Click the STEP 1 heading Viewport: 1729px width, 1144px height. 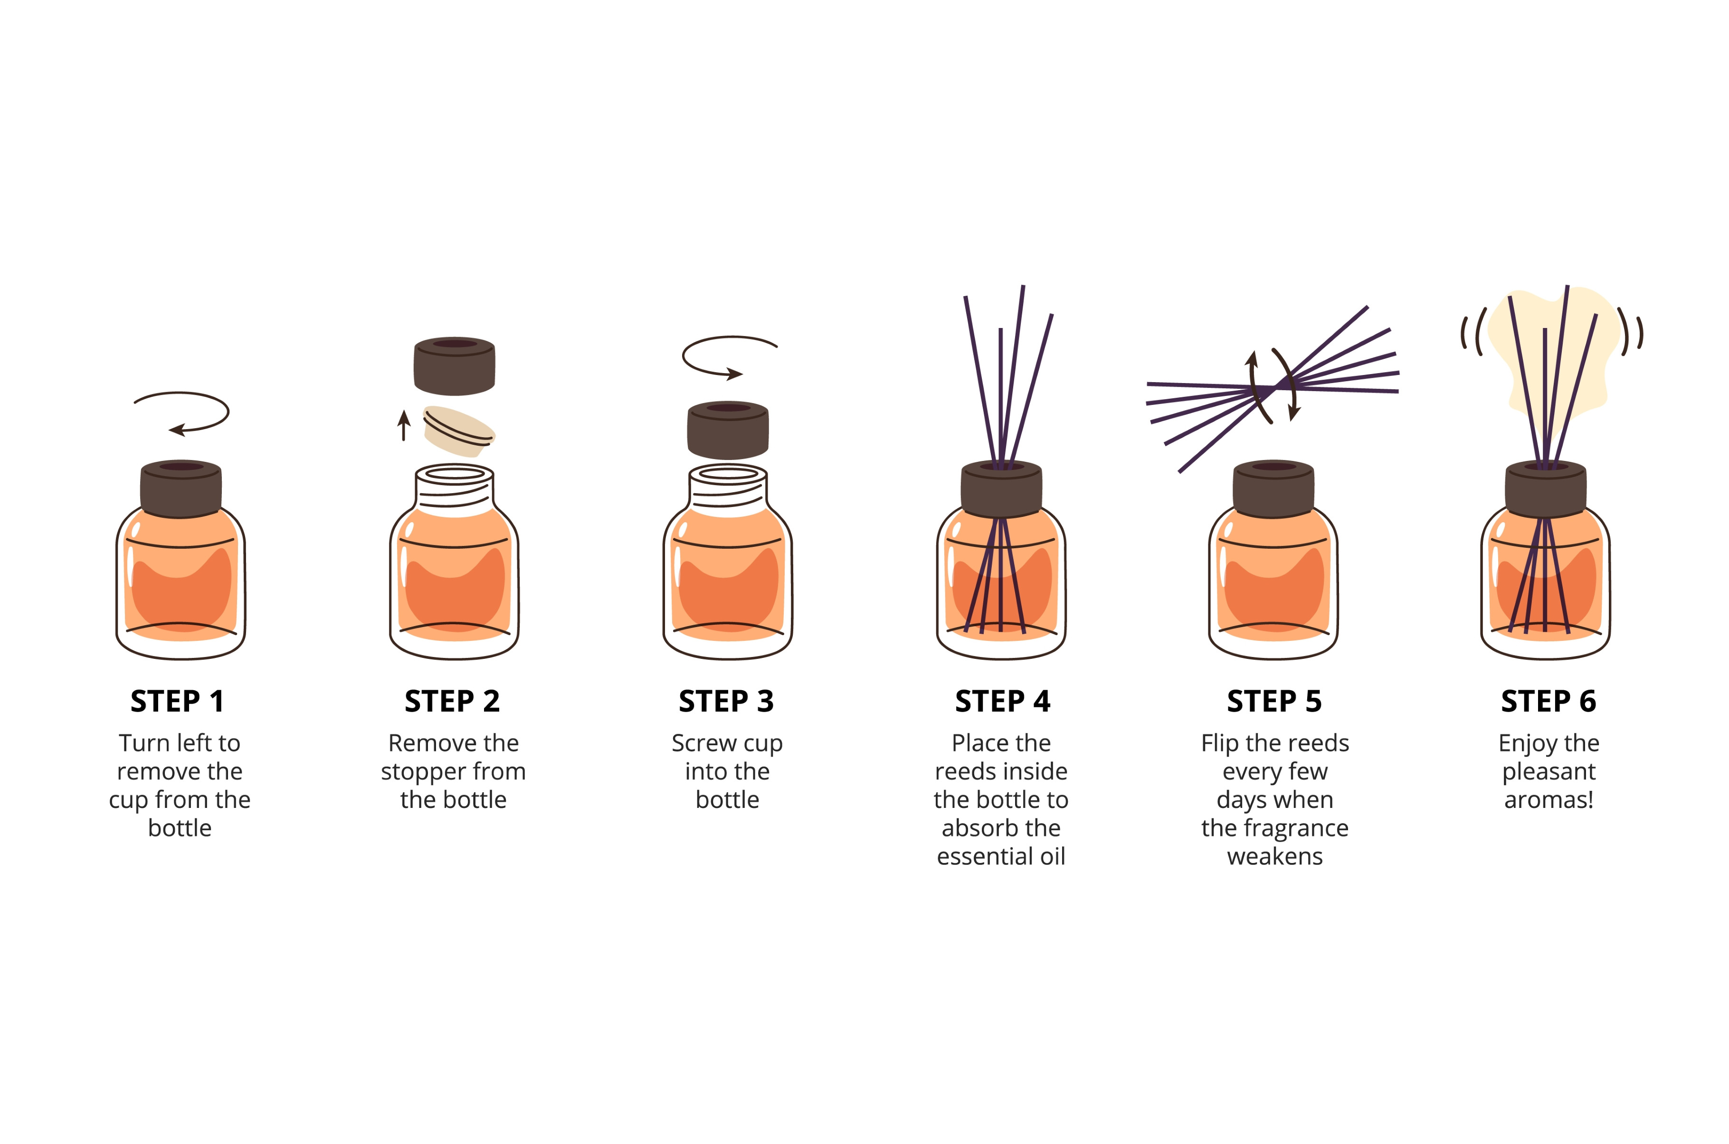[x=177, y=701]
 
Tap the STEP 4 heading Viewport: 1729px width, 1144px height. [x=1003, y=701]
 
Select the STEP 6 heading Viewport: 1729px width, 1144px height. [x=1548, y=701]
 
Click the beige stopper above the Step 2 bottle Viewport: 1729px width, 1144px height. [x=459, y=431]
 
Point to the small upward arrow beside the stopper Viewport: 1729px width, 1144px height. [x=404, y=425]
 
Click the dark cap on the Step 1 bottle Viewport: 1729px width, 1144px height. [x=181, y=489]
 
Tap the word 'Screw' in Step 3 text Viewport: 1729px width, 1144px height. [x=704, y=743]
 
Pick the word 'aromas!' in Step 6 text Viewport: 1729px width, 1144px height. [x=1548, y=800]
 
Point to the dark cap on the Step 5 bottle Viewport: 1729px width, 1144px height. [x=1273, y=489]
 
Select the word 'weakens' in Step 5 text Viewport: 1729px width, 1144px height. [x=1274, y=856]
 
